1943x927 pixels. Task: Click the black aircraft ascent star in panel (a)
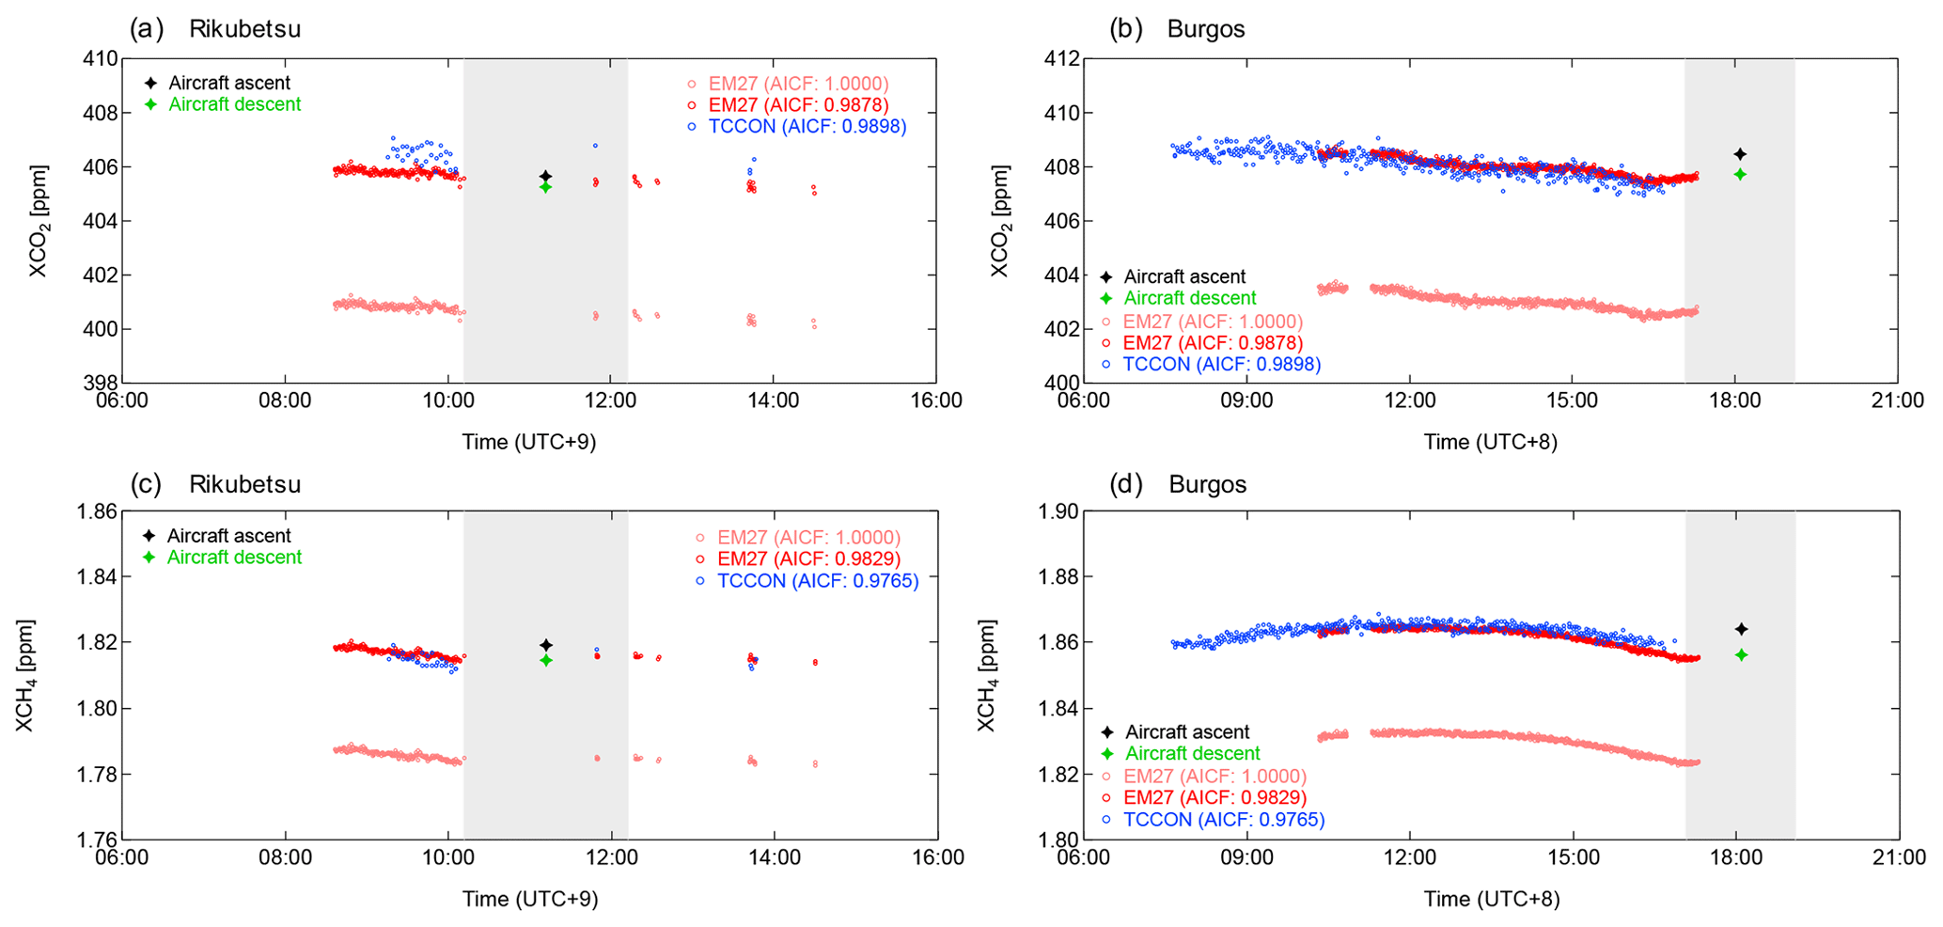point(545,177)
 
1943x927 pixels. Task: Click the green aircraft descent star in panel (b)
point(1740,174)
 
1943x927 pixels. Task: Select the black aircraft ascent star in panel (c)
point(546,645)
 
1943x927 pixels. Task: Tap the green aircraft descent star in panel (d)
point(1741,654)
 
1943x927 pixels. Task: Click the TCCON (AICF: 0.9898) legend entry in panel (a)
point(807,126)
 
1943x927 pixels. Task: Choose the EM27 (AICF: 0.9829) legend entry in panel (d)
point(1214,797)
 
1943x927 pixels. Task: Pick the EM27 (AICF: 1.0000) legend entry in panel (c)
point(808,537)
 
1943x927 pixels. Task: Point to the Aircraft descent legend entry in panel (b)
point(1189,298)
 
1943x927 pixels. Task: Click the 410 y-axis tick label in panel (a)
point(102,58)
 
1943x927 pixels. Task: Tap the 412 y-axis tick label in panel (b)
point(1062,58)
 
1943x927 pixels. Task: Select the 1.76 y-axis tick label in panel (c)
point(97,840)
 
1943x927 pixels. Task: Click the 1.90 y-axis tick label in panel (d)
point(1058,511)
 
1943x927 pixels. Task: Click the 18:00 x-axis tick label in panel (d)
point(1735,857)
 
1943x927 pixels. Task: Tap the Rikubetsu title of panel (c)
point(244,484)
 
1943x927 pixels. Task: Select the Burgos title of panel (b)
point(1205,29)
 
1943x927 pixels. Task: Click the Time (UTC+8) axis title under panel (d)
point(1491,899)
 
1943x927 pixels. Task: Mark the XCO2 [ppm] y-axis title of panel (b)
point(999,221)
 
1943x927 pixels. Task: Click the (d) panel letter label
point(1125,484)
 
